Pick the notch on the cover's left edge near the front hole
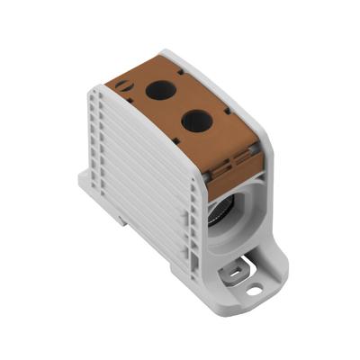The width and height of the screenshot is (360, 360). pos(176,135)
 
